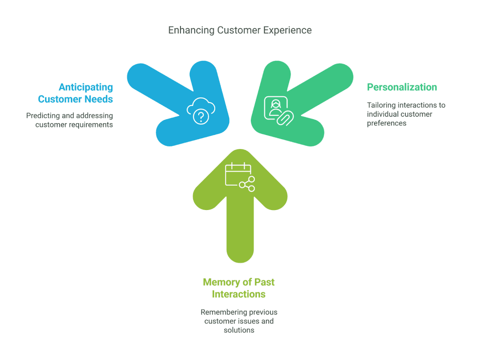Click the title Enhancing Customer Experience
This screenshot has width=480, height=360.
(x=240, y=30)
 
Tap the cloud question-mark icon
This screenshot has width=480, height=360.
(x=201, y=112)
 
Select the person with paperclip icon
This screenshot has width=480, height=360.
(x=278, y=111)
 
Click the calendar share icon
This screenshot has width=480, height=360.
(x=240, y=177)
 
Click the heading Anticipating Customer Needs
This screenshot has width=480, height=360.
(x=75, y=93)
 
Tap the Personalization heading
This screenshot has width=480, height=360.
(x=402, y=87)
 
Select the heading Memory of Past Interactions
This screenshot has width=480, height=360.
(x=239, y=288)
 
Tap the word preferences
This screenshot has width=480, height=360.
(x=387, y=123)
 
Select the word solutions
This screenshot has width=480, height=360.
(x=239, y=330)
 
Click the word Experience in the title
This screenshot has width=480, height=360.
(x=287, y=30)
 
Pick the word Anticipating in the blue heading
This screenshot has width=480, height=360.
(x=86, y=87)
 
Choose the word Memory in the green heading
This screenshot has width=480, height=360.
(x=221, y=282)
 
